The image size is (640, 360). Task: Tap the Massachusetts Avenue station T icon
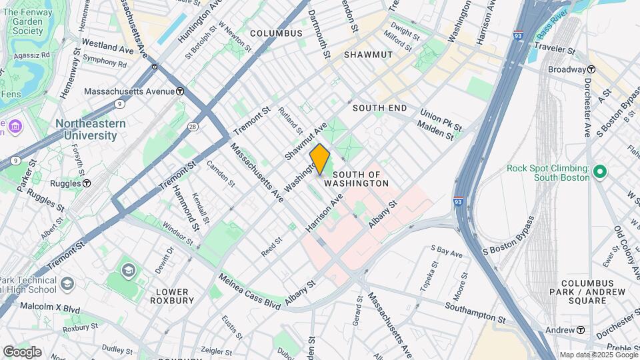coord(180,91)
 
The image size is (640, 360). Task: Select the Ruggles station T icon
coord(87,183)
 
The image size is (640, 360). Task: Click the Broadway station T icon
coord(591,69)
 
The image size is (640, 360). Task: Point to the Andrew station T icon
coord(581,330)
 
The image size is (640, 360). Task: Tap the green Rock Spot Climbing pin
coord(599,172)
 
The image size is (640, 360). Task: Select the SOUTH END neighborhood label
coord(379,108)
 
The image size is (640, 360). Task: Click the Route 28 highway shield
coord(192,126)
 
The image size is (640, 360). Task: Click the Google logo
coord(22,351)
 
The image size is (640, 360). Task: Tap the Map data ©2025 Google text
coord(597,355)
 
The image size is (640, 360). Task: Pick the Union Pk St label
coord(441,121)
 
